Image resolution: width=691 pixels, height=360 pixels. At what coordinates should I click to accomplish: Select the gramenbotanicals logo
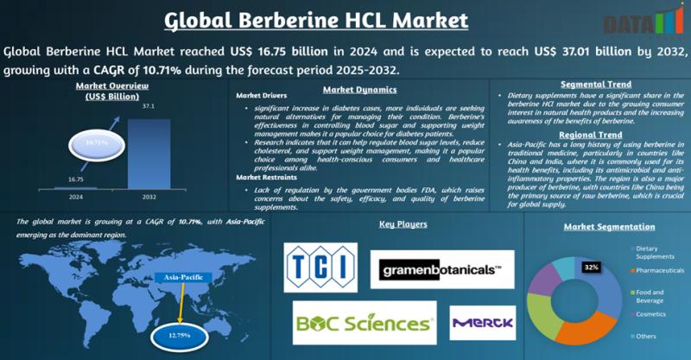[441, 269]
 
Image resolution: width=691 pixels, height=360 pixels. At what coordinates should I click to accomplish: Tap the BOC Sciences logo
[364, 323]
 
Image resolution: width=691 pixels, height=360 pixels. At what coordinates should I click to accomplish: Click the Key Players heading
[403, 224]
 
